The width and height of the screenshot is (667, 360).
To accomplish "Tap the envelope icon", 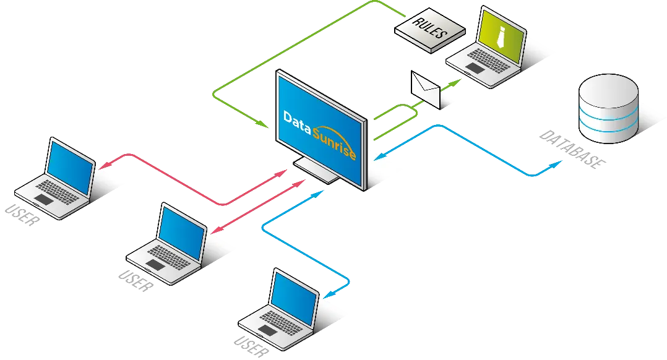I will click(426, 90).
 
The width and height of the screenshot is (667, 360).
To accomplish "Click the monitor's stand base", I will click(316, 168).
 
